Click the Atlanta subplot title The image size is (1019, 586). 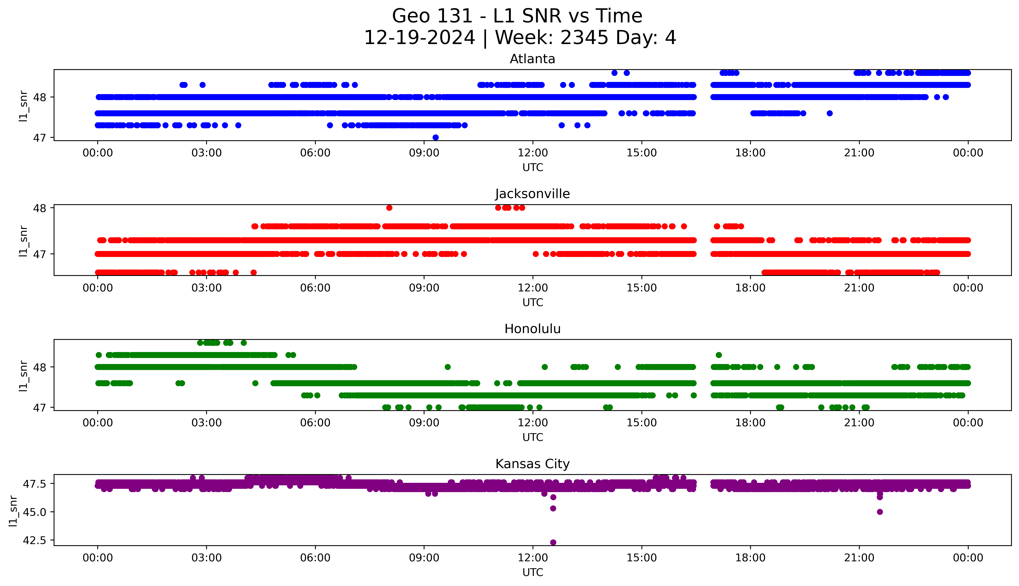[532, 59]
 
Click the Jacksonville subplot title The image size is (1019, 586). [532, 194]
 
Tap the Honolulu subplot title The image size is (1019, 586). [532, 329]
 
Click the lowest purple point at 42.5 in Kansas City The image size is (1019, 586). [553, 542]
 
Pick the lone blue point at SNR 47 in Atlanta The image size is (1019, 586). [435, 137]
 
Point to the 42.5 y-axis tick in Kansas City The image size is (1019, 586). [35, 540]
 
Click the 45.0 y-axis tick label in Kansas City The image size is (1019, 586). [35, 512]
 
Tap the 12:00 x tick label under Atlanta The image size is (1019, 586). [533, 153]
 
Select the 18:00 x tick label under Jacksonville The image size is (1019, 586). [750, 288]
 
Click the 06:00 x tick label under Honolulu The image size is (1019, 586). [315, 423]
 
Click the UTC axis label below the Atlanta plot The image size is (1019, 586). [533, 168]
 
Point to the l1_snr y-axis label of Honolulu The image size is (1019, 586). [23, 376]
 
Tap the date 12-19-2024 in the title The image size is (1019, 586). [419, 38]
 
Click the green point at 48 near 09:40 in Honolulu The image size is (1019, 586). [447, 367]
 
